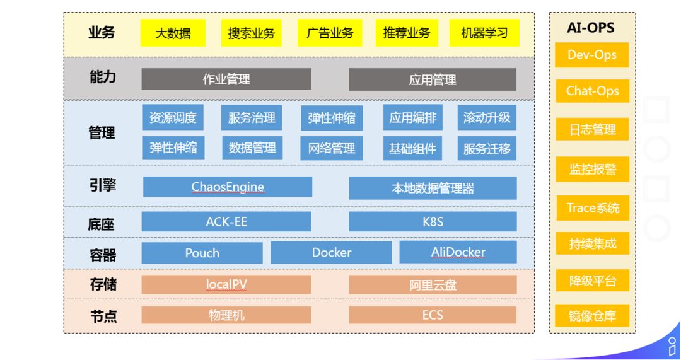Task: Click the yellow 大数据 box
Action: [x=173, y=33]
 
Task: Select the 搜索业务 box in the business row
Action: [x=251, y=33]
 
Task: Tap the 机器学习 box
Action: [x=484, y=33]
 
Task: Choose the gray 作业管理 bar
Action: [x=226, y=79]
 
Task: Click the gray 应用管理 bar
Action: [x=433, y=79]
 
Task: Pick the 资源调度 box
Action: [x=173, y=118]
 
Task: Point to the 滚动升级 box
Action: [x=487, y=118]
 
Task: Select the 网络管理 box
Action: [x=331, y=148]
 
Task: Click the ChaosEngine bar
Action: [x=228, y=187]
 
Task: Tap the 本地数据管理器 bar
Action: [x=433, y=188]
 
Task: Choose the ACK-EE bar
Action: [x=226, y=222]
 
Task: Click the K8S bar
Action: [x=433, y=222]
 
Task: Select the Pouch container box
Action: [x=202, y=253]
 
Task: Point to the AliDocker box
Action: [x=458, y=253]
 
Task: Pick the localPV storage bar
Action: [x=226, y=284]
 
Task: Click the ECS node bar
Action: [x=433, y=315]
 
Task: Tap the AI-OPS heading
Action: [x=591, y=28]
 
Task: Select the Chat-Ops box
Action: [x=592, y=91]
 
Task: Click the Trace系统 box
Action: [x=592, y=208]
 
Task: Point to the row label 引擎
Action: [x=102, y=186]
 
